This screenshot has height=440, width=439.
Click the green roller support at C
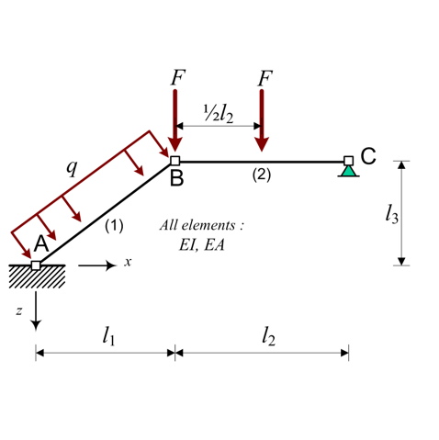349,172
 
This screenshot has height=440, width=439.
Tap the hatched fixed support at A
37,276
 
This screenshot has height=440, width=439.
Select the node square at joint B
174,161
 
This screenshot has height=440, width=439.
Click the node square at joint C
348,161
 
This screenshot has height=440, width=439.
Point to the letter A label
41,244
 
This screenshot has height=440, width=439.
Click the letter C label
368,156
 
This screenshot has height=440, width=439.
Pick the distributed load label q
73,168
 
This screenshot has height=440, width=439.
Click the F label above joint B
178,78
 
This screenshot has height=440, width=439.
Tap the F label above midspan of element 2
265,79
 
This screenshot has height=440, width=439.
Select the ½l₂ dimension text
219,114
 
